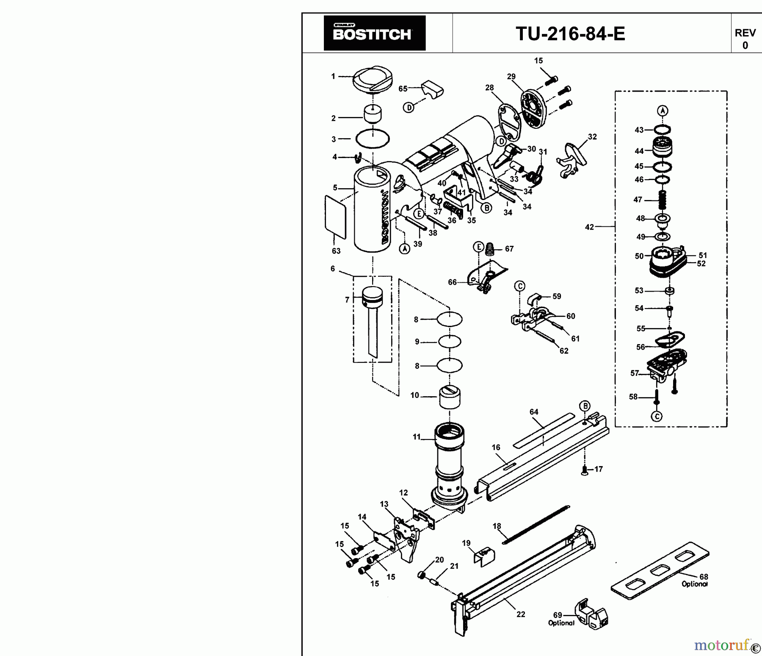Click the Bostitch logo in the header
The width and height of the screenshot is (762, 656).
374,33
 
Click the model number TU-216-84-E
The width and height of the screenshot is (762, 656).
570,33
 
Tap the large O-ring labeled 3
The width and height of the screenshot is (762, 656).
373,139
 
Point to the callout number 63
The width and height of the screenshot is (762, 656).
336,251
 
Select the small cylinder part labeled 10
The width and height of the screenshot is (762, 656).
450,397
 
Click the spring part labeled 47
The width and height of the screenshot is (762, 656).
663,199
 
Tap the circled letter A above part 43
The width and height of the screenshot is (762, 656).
663,111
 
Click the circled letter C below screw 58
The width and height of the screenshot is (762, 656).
657,417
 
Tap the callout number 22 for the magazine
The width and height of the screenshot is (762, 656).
521,614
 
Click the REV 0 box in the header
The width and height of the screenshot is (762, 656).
745,39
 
